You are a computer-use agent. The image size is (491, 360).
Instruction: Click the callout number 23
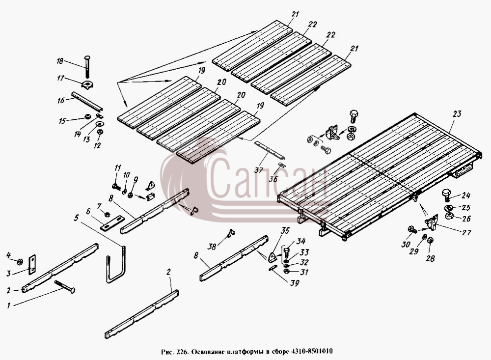click(457, 114)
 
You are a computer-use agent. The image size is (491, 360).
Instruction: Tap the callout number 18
click(60, 61)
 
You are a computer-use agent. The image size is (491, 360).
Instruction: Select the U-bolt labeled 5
click(115, 265)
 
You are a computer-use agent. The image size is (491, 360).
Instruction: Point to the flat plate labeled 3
click(32, 264)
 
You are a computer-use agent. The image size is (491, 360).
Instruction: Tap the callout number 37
click(259, 170)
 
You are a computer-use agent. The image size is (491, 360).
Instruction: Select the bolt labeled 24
click(446, 194)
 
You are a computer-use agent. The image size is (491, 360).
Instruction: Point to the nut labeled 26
click(449, 216)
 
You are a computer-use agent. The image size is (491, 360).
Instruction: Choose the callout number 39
click(295, 283)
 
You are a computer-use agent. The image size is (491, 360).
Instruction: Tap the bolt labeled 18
click(87, 67)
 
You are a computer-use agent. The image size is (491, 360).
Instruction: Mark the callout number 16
click(61, 100)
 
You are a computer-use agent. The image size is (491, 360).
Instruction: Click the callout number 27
click(466, 232)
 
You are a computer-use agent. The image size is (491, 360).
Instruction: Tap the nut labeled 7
click(107, 214)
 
